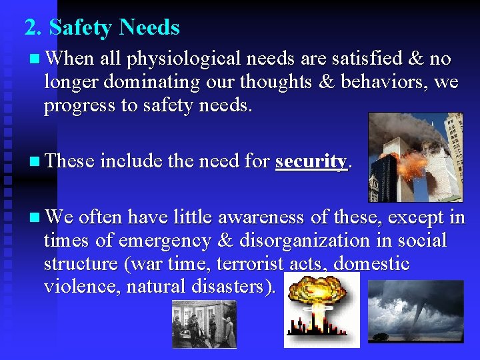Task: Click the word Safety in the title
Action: (x=81, y=28)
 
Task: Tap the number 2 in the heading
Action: (x=30, y=28)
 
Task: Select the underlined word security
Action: (x=311, y=161)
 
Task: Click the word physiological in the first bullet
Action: (x=183, y=59)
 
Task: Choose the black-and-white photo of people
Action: (x=204, y=323)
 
